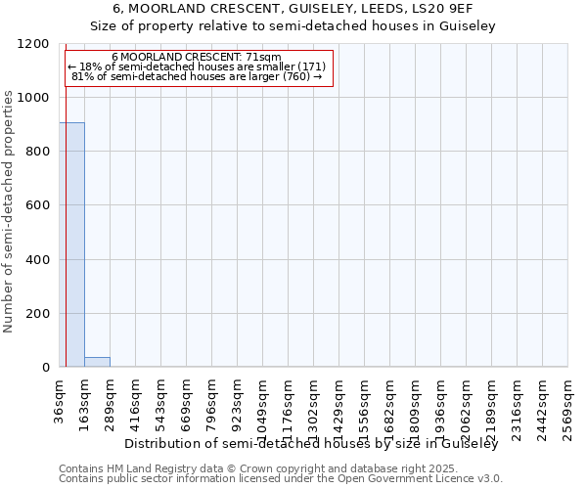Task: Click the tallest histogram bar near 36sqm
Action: tap(72, 244)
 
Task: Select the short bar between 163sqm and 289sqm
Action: tap(97, 362)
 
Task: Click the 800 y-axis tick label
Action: tap(38, 152)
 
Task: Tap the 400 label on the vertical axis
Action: tap(38, 260)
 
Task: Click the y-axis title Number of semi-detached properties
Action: tap(9, 205)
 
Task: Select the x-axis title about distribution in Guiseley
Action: tap(312, 444)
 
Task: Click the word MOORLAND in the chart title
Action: tap(189, 8)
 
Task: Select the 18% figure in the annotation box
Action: tap(91, 67)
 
